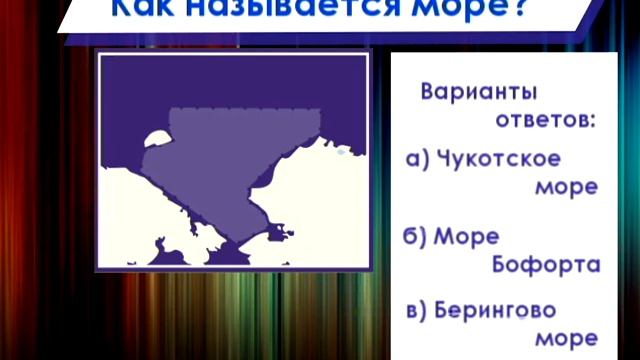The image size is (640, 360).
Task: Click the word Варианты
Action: [x=479, y=92]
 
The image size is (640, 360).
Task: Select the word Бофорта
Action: [x=546, y=265]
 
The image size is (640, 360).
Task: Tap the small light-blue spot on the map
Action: [x=340, y=153]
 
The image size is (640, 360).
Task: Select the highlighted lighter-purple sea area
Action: [x=230, y=160]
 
